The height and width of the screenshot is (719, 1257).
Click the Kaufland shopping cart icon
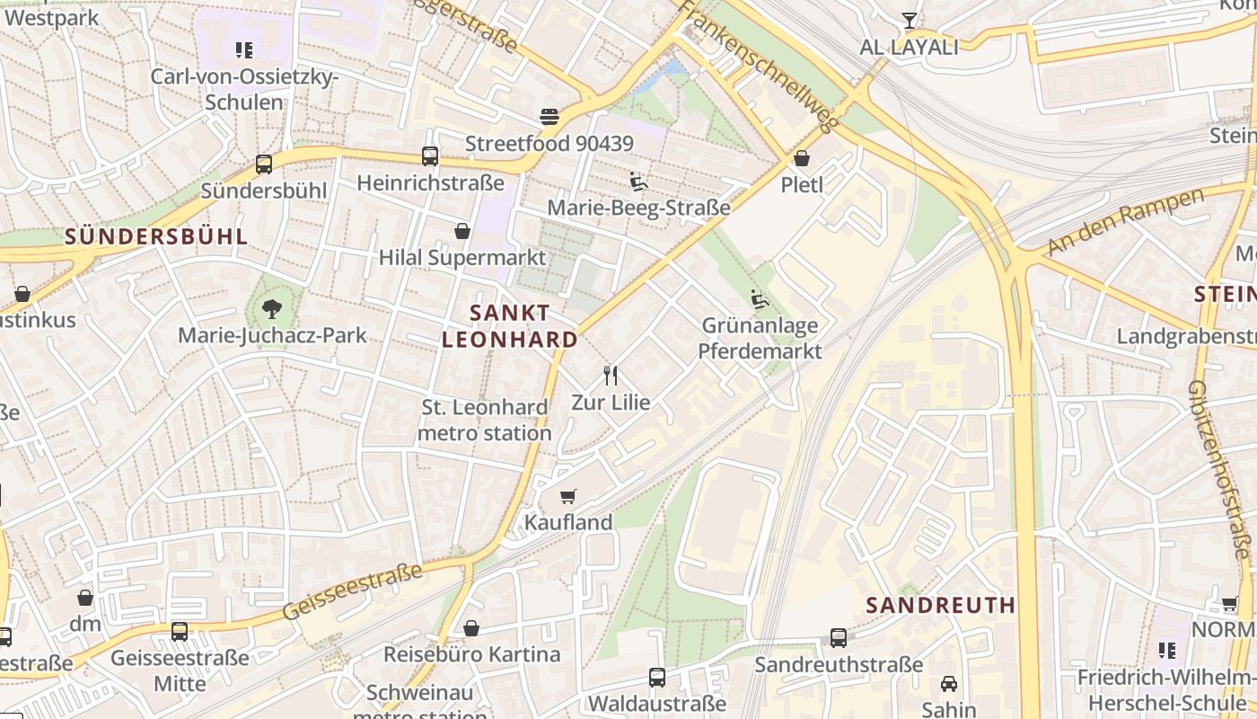pyautogui.click(x=567, y=496)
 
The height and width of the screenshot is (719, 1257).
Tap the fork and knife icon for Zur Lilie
pyautogui.click(x=611, y=375)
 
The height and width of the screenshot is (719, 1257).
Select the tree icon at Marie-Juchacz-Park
pyautogui.click(x=271, y=310)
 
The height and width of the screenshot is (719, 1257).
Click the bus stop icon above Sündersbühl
pyautogui.click(x=263, y=164)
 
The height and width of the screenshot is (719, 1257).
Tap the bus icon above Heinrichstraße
pyautogui.click(x=430, y=156)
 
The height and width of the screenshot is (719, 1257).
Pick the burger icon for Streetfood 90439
pyautogui.click(x=549, y=117)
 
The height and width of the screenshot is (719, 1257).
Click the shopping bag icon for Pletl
pyautogui.click(x=802, y=158)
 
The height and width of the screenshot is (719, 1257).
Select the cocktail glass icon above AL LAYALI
pyautogui.click(x=910, y=20)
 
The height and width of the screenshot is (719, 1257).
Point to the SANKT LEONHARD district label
pyautogui.click(x=509, y=326)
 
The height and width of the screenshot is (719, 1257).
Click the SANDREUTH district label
pyautogui.click(x=941, y=605)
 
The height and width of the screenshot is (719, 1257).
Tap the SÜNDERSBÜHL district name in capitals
pyautogui.click(x=155, y=236)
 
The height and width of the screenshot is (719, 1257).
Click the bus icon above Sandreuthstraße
pyautogui.click(x=839, y=638)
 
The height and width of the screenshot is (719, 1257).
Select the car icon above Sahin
pyautogui.click(x=949, y=684)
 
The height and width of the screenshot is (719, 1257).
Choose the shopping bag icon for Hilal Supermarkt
pyautogui.click(x=462, y=231)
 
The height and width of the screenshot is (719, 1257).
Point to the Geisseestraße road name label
pyautogui.click(x=352, y=591)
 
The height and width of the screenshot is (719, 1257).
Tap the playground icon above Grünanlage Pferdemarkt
pyautogui.click(x=760, y=299)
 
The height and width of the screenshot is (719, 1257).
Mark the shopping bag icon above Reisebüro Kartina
pyautogui.click(x=471, y=628)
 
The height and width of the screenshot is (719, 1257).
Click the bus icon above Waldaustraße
pyautogui.click(x=657, y=677)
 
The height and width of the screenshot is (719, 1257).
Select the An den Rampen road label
pyautogui.click(x=1124, y=222)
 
